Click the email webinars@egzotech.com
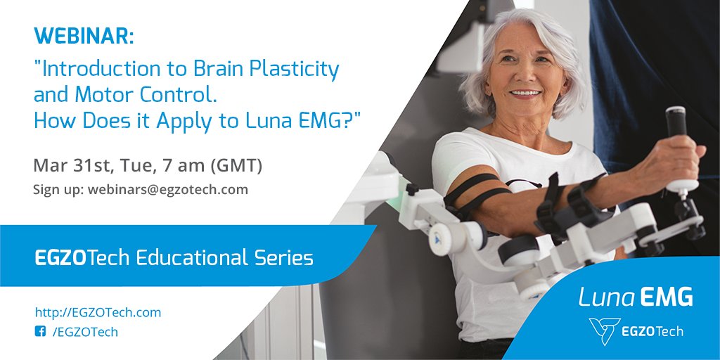pyautogui.click(x=167, y=189)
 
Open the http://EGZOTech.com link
pyautogui.click(x=98, y=311)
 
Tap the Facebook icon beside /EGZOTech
pyautogui.click(x=40, y=332)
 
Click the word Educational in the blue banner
pyautogui.click(x=191, y=258)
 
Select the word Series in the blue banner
pyautogui.click(x=284, y=258)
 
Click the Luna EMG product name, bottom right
pyautogui.click(x=635, y=297)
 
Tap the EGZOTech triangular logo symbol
pyautogui.click(x=603, y=329)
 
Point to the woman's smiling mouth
pyautogui.click(x=523, y=93)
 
